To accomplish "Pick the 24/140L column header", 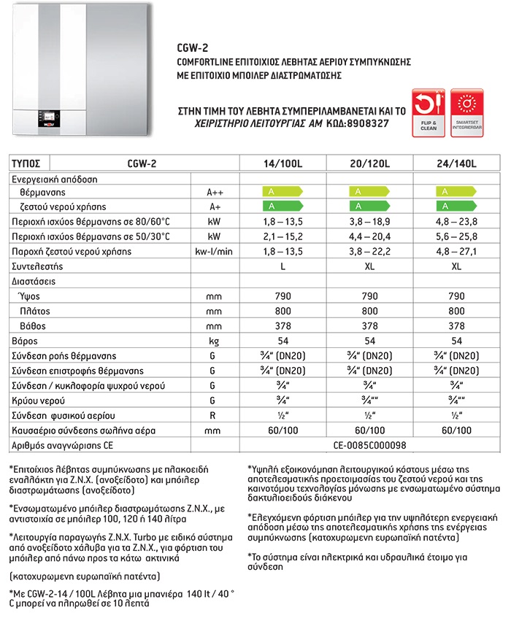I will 456,163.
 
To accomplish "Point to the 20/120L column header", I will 370,163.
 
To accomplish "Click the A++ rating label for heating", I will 215,193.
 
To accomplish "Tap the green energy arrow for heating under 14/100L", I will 281,193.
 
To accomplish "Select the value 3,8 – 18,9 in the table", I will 370,222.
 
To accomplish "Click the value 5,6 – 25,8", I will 456,236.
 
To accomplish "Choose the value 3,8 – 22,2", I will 370,252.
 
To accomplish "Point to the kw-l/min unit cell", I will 215,252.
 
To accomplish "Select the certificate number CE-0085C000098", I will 370,444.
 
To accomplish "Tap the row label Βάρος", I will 25,341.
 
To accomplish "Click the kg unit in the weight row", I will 215,341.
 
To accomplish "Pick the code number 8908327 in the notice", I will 364,125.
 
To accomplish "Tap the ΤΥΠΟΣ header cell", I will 26,163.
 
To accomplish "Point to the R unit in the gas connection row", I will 214,415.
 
